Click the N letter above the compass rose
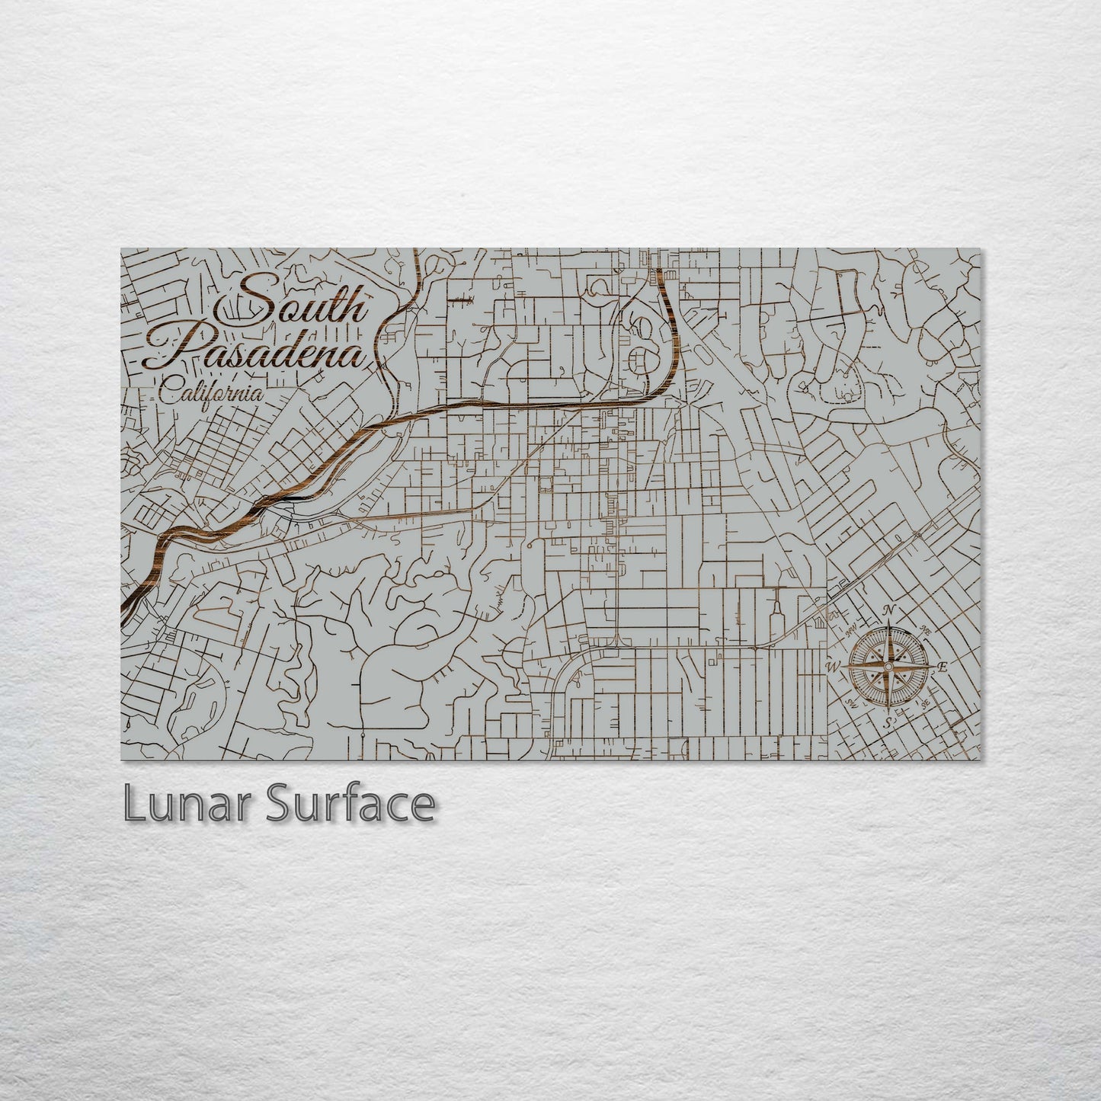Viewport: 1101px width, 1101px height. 888,610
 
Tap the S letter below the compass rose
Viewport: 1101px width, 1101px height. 888,722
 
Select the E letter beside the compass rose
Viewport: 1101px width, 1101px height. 943,667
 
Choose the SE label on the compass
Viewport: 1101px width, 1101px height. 925,703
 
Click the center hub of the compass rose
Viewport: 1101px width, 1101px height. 888,666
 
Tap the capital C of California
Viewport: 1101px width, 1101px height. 170,394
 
